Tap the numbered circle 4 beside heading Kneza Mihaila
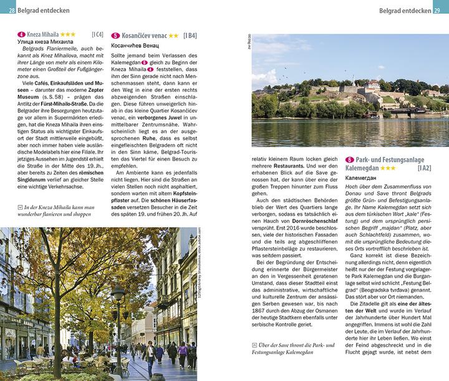click(x=21, y=34)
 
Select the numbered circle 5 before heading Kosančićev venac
click(x=115, y=36)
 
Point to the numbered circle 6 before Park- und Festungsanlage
click(x=349, y=160)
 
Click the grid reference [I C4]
click(x=97, y=34)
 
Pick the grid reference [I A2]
click(x=424, y=168)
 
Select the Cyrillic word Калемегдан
click(x=362, y=179)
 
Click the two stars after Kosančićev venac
click(x=174, y=36)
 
